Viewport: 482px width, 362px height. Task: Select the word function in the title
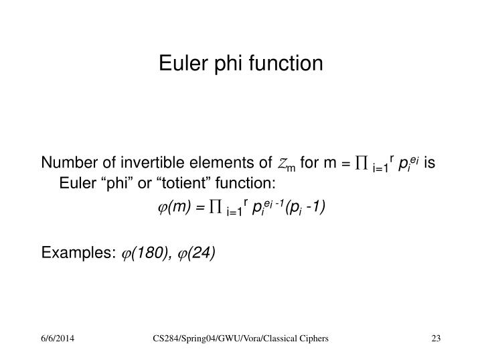click(285, 64)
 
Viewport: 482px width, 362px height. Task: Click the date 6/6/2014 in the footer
click(56, 341)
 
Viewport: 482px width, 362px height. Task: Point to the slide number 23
click(436, 341)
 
